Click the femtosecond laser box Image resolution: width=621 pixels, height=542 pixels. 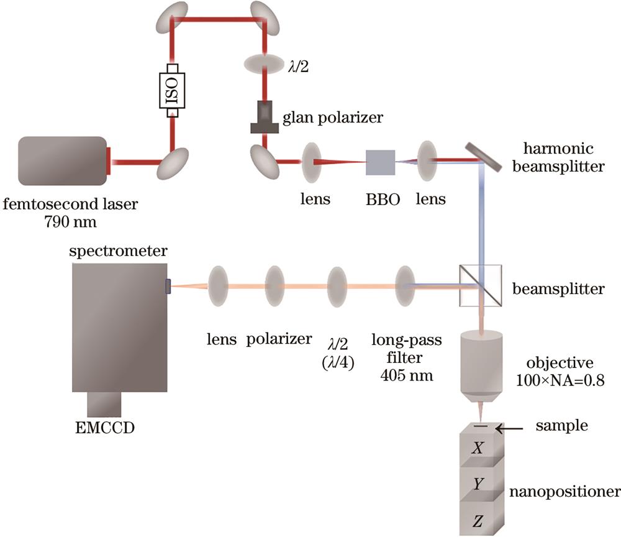[61, 161]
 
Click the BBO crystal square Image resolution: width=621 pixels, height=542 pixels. [379, 162]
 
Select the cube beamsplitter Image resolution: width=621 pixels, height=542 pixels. [479, 286]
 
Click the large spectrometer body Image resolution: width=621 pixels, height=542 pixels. [119, 327]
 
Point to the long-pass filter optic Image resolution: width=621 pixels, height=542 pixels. [405, 287]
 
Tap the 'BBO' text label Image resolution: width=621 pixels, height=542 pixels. [379, 200]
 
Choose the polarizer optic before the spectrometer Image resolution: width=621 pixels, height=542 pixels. [278, 287]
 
